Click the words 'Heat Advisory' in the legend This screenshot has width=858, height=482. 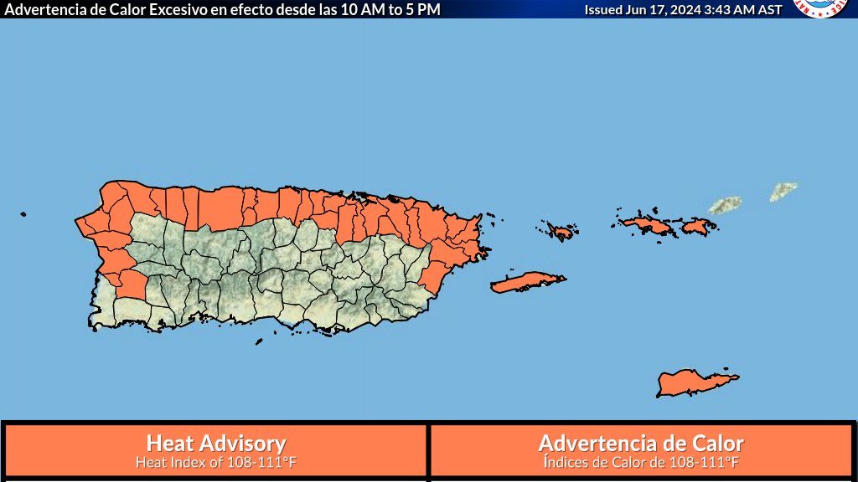point(216,443)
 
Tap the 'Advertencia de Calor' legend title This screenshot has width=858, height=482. point(641,443)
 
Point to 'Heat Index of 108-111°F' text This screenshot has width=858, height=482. point(216,461)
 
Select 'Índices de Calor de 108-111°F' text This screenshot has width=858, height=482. point(641,461)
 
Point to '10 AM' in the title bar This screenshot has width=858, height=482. point(358,9)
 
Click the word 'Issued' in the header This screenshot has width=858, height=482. point(603,9)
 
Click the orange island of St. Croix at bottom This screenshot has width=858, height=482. point(695,382)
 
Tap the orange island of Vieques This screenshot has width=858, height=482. point(528,282)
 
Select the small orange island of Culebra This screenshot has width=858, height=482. point(560,230)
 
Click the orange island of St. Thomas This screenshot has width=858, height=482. point(646,224)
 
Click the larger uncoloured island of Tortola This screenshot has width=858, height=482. point(725,205)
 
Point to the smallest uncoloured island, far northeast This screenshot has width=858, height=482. point(783,192)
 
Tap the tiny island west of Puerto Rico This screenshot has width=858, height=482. point(23,214)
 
